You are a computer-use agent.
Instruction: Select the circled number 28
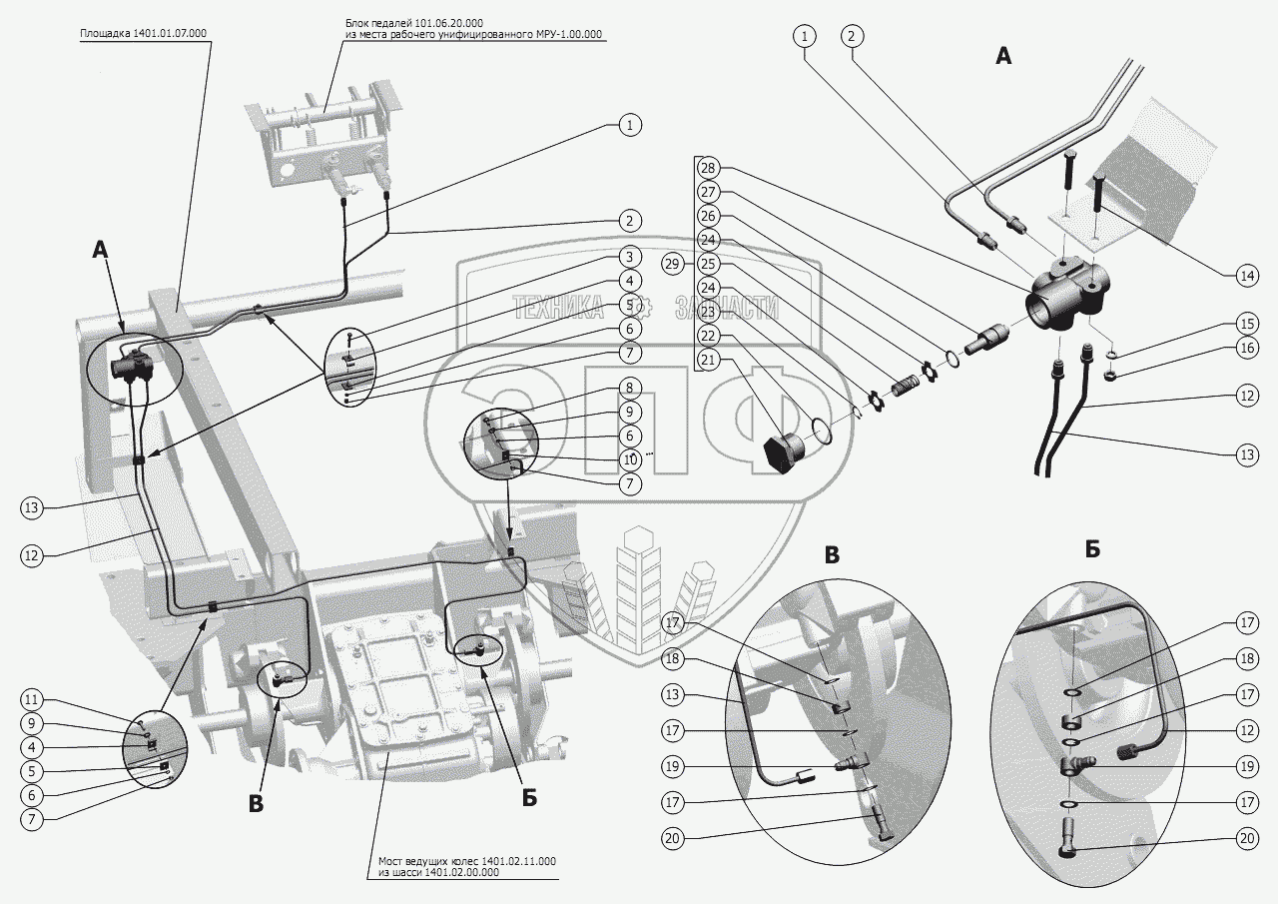[708, 168]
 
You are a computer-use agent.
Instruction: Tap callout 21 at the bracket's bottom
[708, 360]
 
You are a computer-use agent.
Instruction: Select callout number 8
[629, 387]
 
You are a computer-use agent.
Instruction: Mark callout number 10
[629, 459]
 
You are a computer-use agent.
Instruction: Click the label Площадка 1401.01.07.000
[144, 33]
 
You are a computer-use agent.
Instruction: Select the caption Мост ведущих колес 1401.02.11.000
[467, 860]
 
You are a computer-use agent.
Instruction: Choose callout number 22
[708, 336]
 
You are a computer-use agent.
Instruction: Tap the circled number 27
[708, 192]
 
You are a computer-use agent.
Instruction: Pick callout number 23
[708, 312]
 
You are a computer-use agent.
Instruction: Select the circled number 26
[708, 216]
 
